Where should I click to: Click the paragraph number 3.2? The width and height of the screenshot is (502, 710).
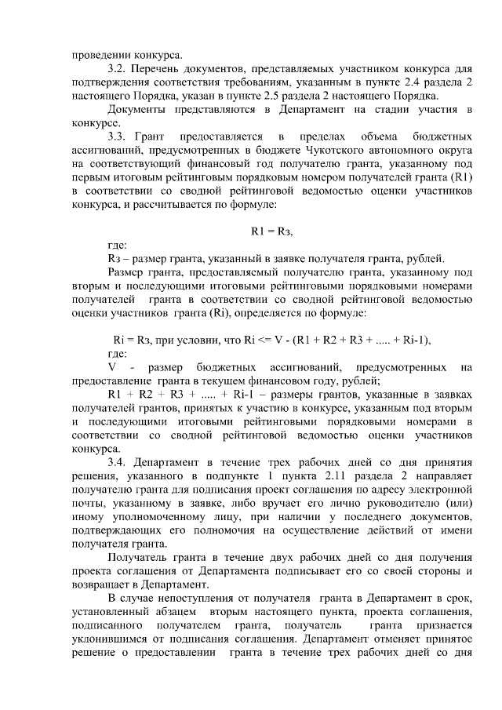tap(116, 69)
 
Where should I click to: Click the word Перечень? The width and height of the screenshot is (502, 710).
tap(155, 69)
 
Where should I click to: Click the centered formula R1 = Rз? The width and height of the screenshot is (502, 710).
tap(271, 231)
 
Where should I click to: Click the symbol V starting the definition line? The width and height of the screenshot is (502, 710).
tap(111, 367)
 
